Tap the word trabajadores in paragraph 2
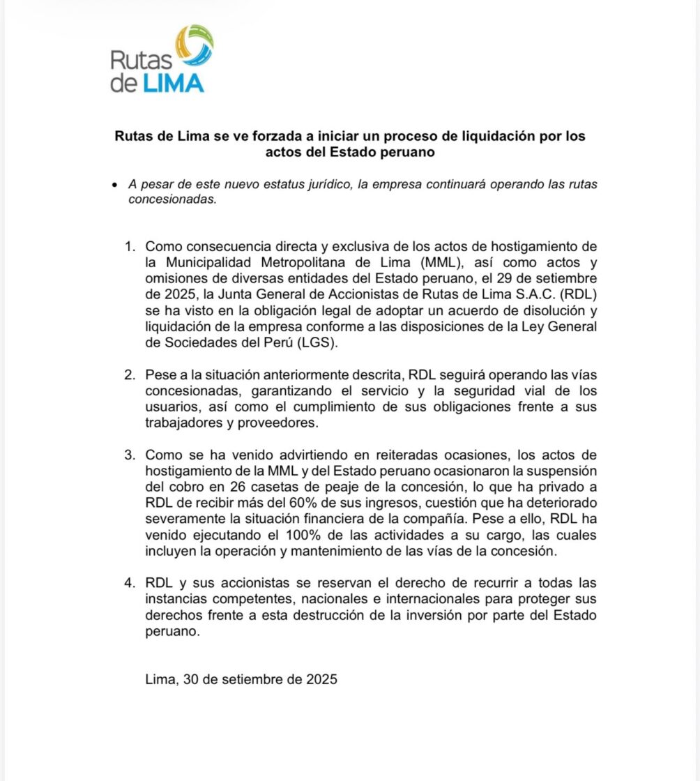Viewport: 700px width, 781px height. (185, 422)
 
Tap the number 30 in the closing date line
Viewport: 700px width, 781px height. (190, 678)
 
